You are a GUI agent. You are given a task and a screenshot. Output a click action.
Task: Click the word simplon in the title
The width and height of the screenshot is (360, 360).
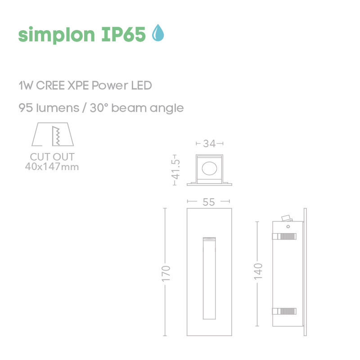55,34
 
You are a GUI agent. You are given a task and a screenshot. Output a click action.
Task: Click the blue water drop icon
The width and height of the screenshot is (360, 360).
157,33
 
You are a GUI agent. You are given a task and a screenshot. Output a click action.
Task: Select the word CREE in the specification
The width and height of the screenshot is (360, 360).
50,85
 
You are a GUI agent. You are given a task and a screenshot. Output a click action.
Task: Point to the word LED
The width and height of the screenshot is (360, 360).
142,85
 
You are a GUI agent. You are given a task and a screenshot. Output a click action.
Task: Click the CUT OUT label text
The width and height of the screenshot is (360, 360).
52,157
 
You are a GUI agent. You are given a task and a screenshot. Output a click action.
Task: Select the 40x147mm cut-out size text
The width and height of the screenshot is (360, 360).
52,167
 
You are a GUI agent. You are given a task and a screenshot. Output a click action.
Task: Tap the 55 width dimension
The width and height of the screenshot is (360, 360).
209,202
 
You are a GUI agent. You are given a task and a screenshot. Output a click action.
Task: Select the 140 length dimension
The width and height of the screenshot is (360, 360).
257,272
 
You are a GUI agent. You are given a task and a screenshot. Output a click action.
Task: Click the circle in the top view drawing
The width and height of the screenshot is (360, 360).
209,169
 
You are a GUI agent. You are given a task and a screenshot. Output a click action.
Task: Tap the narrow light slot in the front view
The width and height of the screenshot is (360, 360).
209,279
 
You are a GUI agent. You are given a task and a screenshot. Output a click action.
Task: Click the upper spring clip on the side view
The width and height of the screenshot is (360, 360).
284,236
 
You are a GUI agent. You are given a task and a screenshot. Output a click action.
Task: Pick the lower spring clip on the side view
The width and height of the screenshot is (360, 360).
284,310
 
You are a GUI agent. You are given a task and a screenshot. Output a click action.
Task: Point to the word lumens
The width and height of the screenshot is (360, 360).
54,108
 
